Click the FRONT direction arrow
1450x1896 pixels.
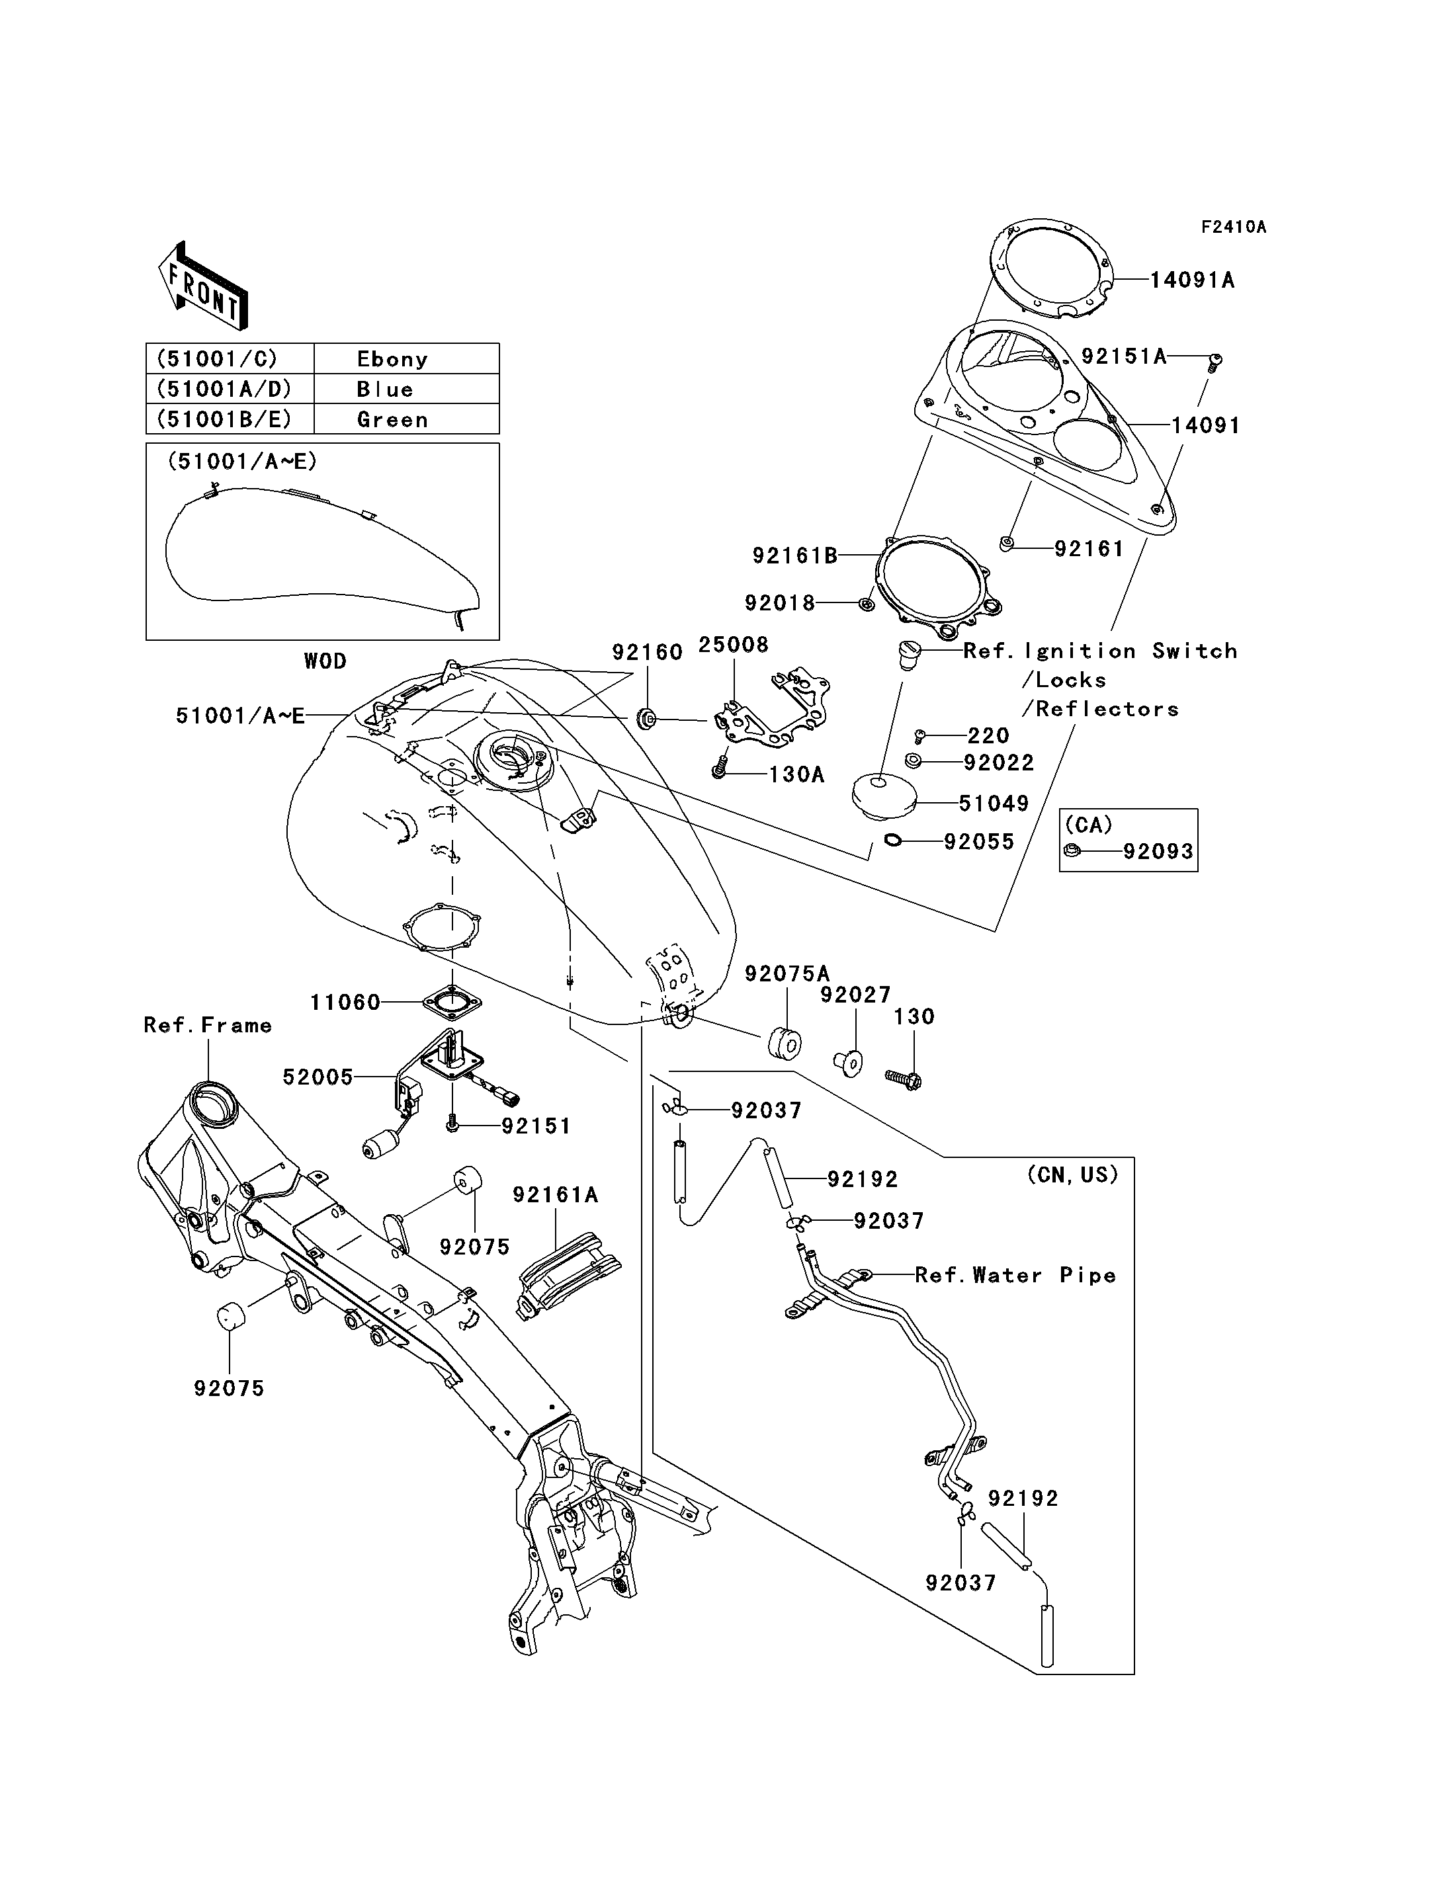[x=204, y=286]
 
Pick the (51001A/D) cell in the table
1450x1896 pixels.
[x=230, y=388]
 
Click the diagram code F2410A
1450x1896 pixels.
[x=1234, y=227]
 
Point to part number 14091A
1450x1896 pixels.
[x=1192, y=280]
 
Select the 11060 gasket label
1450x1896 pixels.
[x=345, y=1002]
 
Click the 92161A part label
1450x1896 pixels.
[x=556, y=1194]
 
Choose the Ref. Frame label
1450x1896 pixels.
[x=208, y=1025]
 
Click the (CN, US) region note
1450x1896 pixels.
[x=1073, y=1175]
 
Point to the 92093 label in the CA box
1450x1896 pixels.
[x=1158, y=852]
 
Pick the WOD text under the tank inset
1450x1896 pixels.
[x=325, y=661]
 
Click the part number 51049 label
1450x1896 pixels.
[x=994, y=804]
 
